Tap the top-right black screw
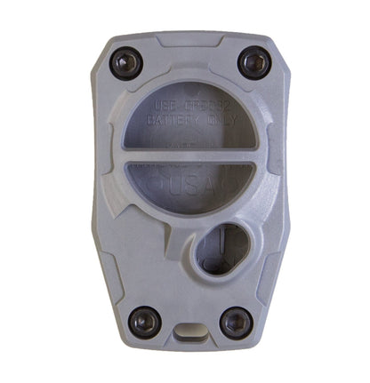[253, 61]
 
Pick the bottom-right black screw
[235, 321]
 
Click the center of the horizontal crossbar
[189, 156]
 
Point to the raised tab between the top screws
[189, 39]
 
